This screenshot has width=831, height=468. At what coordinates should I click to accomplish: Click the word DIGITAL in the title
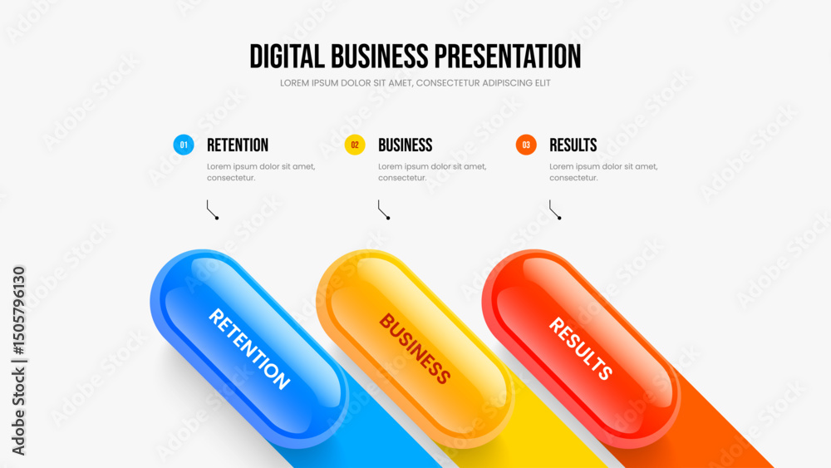point(287,57)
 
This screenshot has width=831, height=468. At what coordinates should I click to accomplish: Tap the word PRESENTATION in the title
point(508,57)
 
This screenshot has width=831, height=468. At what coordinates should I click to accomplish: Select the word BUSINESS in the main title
point(380,57)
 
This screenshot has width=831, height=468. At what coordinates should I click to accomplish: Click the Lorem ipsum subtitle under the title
point(415,83)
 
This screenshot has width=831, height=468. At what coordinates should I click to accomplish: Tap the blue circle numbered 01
point(184,145)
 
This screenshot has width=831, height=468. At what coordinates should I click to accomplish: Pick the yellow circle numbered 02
point(355,145)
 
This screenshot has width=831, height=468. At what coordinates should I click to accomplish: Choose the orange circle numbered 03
point(526,145)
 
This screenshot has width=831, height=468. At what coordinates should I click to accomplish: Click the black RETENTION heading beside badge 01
point(238,145)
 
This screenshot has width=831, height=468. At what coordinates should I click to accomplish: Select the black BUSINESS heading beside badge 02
point(405,145)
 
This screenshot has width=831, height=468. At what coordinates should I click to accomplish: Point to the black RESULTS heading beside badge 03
point(573,145)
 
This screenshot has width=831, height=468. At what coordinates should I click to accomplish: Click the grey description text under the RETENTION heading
point(261,172)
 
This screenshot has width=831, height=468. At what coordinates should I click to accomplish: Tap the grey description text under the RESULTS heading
point(603,172)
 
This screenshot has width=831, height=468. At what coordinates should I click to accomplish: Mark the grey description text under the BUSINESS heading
point(432,172)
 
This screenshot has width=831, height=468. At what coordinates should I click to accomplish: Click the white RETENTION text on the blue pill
point(249,349)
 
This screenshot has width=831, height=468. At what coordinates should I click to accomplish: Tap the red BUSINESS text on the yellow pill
point(415,348)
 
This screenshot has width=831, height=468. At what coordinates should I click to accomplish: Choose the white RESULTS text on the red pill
point(580,348)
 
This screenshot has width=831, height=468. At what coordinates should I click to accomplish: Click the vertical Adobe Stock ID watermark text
point(18,361)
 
